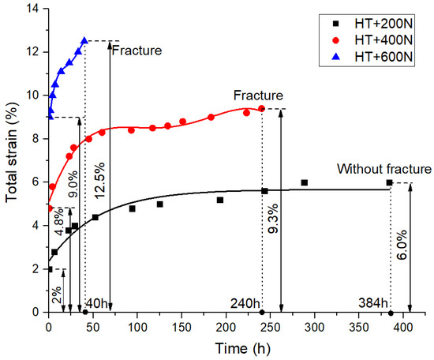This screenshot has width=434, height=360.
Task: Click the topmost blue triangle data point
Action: click(x=84, y=41)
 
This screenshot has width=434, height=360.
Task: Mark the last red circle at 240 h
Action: click(x=261, y=108)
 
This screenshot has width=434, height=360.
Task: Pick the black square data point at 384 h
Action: click(x=389, y=182)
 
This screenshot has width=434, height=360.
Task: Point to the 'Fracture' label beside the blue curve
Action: click(x=137, y=51)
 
